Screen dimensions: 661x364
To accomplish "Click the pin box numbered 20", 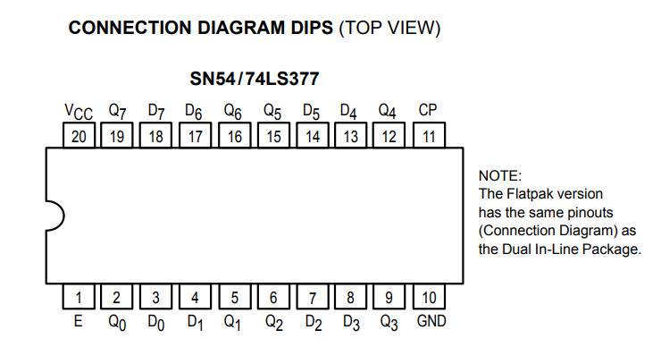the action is coord(79,135).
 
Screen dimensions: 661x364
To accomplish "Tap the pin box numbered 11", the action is coord(429,135).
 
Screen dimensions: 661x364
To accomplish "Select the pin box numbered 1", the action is coord(79,296).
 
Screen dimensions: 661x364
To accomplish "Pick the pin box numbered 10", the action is coord(429,296).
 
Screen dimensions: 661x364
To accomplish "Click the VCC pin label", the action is coord(79,112).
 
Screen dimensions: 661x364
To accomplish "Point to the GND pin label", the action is coord(431,321).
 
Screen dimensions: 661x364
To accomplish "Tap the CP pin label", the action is coord(428,110).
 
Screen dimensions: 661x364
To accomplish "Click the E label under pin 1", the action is coord(78,321).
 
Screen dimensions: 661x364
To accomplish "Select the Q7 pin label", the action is coord(117,112).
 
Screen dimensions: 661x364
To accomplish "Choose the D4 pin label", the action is coord(348,112).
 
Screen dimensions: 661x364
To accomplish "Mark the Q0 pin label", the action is coord(117,323).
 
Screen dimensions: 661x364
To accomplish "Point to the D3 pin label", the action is coord(351,323).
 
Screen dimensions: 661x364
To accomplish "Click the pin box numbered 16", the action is coord(235,135).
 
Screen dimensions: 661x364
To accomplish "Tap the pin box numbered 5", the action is coord(235,296).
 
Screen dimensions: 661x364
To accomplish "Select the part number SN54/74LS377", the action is coord(255,79).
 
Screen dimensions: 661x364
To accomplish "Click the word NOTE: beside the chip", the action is coord(500,175).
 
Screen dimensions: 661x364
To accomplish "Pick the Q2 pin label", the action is coord(274,323).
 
